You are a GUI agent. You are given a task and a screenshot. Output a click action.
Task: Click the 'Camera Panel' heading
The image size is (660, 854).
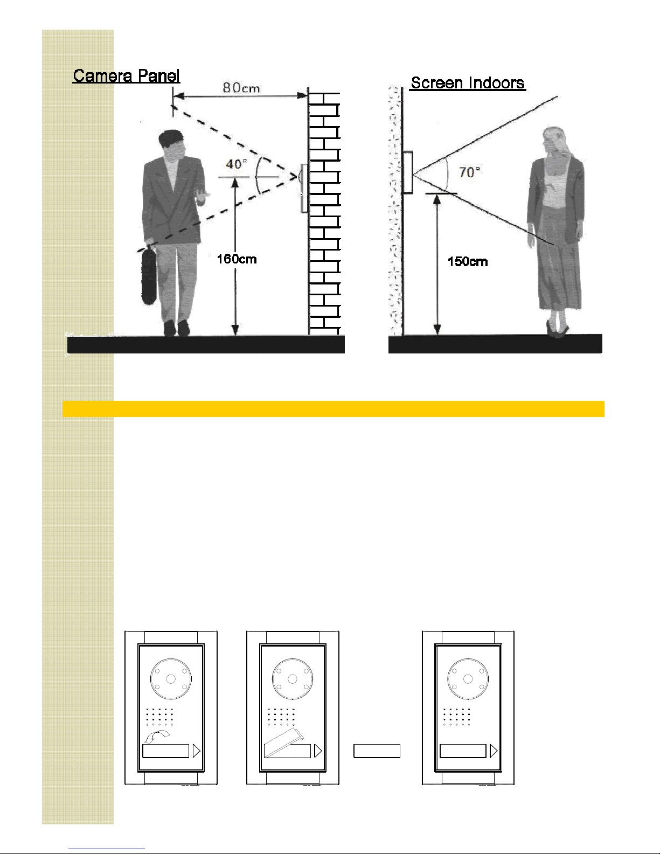click(126, 75)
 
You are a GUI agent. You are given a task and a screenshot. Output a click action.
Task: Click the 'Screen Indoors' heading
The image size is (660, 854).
click(468, 83)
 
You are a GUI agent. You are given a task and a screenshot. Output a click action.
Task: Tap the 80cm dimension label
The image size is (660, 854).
click(241, 88)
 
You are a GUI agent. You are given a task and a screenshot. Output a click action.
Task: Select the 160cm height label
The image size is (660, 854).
click(237, 259)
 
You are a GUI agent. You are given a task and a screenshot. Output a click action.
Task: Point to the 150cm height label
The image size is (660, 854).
click(468, 262)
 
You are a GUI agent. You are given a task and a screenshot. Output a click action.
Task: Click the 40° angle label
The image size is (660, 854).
click(237, 164)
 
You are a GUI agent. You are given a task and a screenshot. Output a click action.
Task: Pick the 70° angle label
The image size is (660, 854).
click(470, 172)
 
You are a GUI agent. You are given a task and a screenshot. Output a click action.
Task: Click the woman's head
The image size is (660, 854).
click(554, 141)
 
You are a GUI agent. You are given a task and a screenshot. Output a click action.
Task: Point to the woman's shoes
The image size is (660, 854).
click(557, 329)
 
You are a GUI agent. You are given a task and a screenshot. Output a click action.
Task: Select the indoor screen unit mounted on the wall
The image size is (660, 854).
click(407, 172)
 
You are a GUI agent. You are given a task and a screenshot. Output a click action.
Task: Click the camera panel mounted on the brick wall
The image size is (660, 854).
click(304, 188)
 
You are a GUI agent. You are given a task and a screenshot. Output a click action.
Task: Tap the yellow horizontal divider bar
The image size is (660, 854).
click(333, 409)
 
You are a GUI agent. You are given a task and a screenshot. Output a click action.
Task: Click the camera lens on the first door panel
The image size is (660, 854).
click(171, 679)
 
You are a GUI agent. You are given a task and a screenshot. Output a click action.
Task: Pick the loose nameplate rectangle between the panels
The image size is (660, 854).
click(377, 751)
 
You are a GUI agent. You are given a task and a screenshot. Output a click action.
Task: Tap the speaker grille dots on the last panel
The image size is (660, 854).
click(456, 717)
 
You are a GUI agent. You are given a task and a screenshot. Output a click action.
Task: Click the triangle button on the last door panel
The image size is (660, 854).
click(494, 751)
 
